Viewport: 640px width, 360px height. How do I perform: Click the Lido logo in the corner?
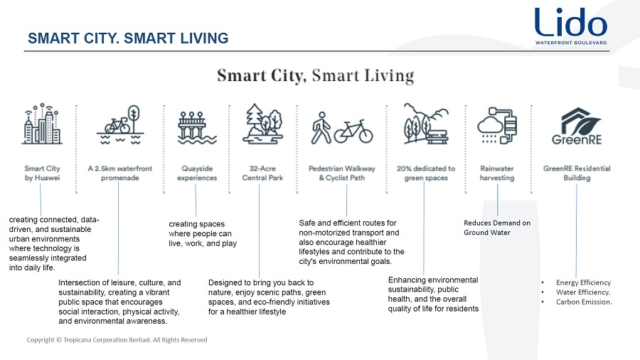tap(571, 26)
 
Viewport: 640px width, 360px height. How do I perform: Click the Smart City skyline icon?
tap(42, 124)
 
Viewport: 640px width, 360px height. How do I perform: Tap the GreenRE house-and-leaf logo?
tap(577, 126)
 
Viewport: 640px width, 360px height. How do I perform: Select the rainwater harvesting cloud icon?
tap(497, 125)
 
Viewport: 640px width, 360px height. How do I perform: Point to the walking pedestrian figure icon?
tap(321, 128)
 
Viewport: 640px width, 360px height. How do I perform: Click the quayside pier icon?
tap(197, 127)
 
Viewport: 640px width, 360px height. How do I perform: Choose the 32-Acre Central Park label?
tap(262, 173)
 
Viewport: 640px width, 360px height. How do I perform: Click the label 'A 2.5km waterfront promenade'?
tap(120, 173)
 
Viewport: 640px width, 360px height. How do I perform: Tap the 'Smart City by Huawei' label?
tap(42, 173)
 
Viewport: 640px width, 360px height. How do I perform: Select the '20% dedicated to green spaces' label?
tap(426, 173)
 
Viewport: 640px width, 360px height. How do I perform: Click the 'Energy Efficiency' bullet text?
tap(583, 282)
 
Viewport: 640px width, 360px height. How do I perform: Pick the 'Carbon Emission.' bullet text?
tap(584, 302)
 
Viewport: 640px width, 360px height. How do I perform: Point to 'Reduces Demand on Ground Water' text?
tap(497, 228)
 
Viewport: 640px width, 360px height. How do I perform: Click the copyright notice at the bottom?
tap(117, 339)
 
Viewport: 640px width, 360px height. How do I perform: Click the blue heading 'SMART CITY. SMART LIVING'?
tap(128, 38)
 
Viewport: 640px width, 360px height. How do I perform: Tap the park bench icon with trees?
tap(426, 124)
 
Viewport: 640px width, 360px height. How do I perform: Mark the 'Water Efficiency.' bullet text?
tap(583, 292)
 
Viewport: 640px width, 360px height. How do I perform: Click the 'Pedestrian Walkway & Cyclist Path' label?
tap(341, 173)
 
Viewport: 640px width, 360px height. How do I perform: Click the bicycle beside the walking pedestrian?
tap(353, 132)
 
